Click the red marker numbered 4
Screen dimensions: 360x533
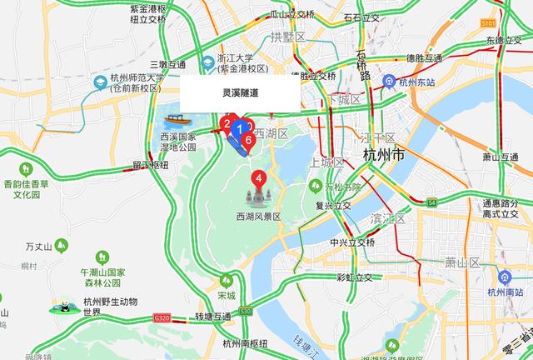pyautogui.click(x=259, y=177)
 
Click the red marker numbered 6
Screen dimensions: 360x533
pyautogui.click(x=248, y=139)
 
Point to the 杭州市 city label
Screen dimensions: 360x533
pyautogui.click(x=384, y=155)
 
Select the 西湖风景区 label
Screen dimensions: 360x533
pyautogui.click(x=259, y=217)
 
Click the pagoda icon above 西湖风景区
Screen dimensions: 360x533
pyautogui.click(x=259, y=197)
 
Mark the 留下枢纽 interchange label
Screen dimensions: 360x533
pyautogui.click(x=149, y=165)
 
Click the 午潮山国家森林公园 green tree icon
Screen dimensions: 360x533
pyautogui.click(x=102, y=257)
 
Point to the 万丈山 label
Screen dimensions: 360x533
pyautogui.click(x=38, y=247)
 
